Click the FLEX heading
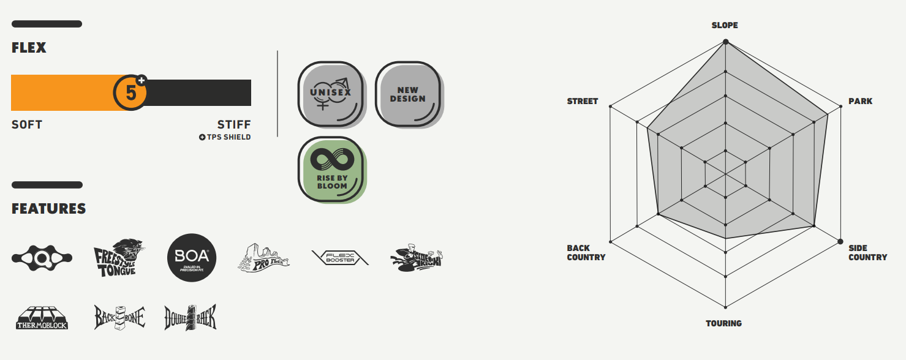(29, 48)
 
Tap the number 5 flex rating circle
(130, 93)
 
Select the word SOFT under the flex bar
(27, 125)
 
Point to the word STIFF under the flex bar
(234, 125)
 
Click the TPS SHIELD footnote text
(225, 137)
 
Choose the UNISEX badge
(330, 93)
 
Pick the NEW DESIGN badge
(407, 94)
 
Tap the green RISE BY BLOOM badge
(332, 168)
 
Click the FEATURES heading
(49, 209)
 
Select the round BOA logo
(192, 258)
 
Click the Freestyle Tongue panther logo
(118, 258)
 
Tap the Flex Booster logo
(341, 258)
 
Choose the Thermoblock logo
(42, 318)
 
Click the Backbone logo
(119, 317)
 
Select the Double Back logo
(191, 317)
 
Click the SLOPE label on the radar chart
(725, 26)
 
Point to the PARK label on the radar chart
(860, 101)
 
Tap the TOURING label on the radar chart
(723, 323)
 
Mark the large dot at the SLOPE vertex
(725, 42)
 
